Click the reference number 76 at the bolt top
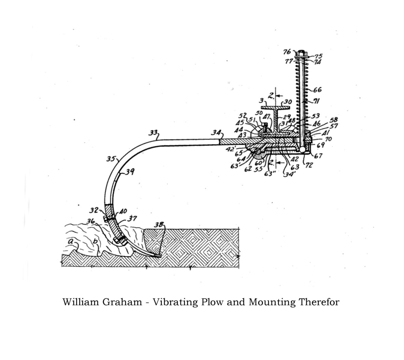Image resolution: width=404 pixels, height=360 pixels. pos(287,52)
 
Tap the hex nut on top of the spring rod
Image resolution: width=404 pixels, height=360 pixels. pos(301,54)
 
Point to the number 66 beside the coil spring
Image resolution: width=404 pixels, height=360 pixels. pos(317,90)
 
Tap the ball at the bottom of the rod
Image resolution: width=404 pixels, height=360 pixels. pos(302,149)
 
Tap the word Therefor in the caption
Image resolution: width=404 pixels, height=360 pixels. pos(319,302)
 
